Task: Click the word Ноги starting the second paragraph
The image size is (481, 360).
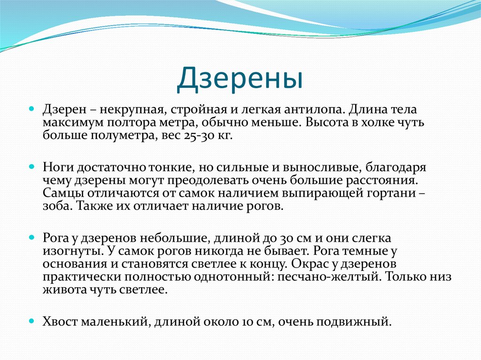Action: click(x=57, y=167)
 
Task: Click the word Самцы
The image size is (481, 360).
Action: click(x=60, y=193)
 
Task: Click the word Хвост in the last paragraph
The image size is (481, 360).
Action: click(x=60, y=322)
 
